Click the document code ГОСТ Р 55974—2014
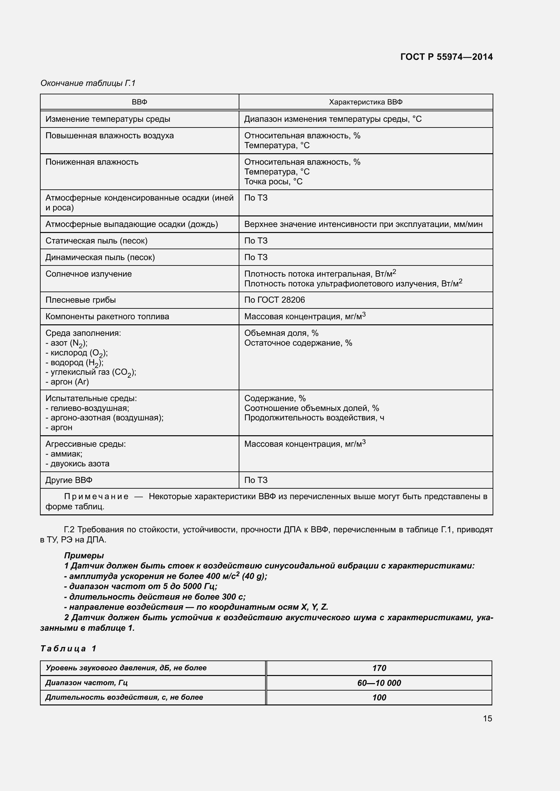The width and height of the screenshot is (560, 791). (x=446, y=57)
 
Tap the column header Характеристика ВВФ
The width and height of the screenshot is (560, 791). (x=366, y=102)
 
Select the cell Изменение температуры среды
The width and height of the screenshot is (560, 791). (x=108, y=119)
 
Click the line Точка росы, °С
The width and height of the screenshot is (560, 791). (x=273, y=182)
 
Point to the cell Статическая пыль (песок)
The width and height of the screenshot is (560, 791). (x=96, y=241)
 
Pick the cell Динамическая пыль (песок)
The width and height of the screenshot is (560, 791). (x=100, y=257)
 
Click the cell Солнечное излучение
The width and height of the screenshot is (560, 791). (x=89, y=274)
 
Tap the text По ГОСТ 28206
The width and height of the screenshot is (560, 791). (x=275, y=300)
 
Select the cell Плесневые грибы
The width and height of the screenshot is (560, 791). (x=80, y=300)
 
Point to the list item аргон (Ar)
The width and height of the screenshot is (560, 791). (x=67, y=382)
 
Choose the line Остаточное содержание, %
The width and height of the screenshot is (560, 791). (x=298, y=343)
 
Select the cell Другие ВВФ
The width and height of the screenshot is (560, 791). (x=69, y=480)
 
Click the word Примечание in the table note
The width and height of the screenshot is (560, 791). (x=96, y=497)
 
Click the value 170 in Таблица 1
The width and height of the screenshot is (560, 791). (x=379, y=668)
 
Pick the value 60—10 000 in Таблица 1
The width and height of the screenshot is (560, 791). (x=379, y=683)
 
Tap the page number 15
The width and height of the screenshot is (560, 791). (x=487, y=719)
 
